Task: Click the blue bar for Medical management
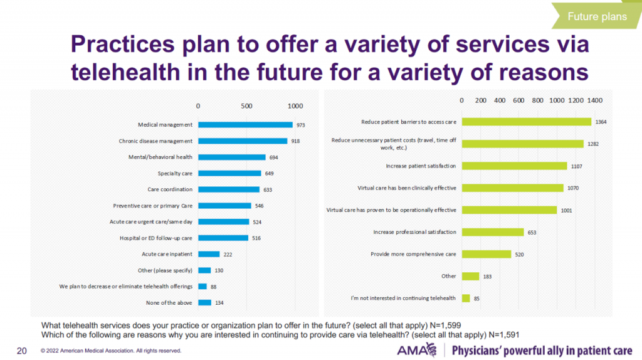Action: point(245,125)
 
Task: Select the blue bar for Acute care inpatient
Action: point(209,254)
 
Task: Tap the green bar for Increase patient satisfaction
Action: point(514,166)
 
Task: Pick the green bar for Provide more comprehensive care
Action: point(487,254)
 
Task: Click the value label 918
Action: point(295,141)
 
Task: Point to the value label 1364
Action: point(601,122)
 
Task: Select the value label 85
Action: point(476,299)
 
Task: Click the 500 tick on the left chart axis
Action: point(247,105)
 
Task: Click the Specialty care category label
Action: point(175,173)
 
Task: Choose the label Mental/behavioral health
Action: point(166,157)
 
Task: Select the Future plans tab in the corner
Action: point(597,16)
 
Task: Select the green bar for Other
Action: point(470,276)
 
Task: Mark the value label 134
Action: point(219,302)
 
